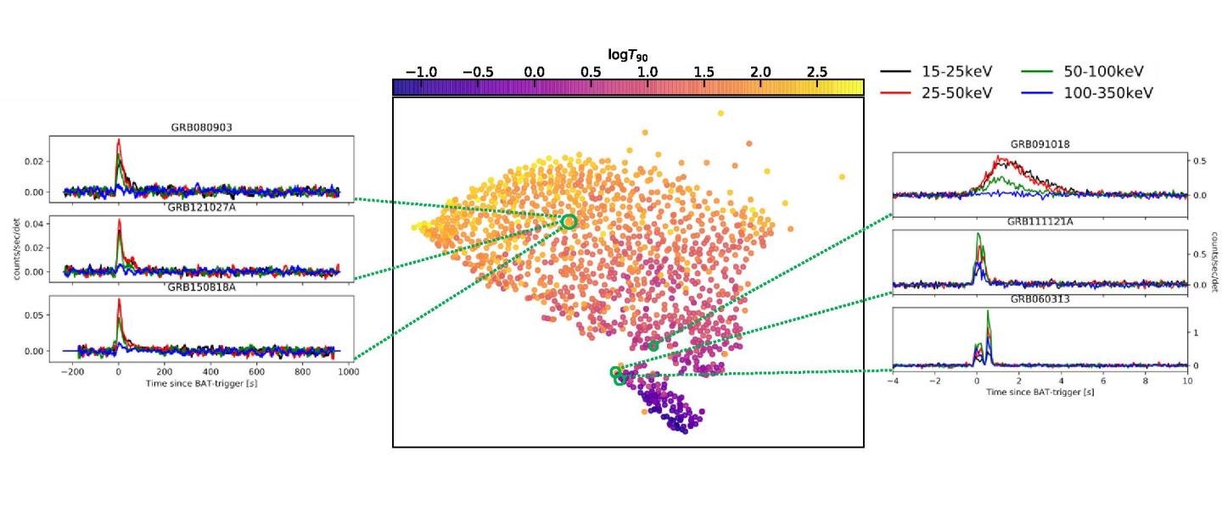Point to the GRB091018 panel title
[x=1040, y=145]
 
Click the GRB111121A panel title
[x=1040, y=222]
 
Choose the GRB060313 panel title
[x=1040, y=299]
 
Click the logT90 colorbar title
[x=628, y=55]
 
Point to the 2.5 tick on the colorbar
[x=817, y=72]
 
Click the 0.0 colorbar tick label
[x=535, y=72]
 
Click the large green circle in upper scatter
[x=569, y=221]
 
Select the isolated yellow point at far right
[x=842, y=176]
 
